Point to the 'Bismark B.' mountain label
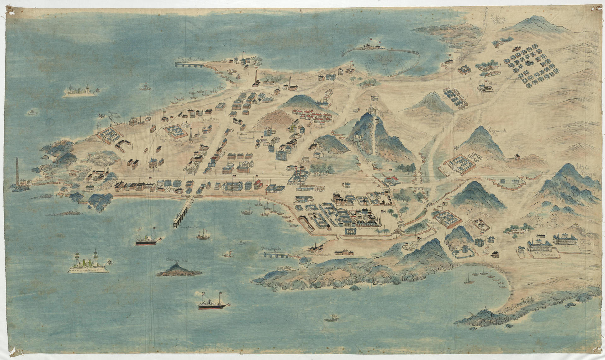click(497, 132)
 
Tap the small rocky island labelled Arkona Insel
click(178, 270)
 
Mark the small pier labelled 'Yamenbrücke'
click(277, 254)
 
